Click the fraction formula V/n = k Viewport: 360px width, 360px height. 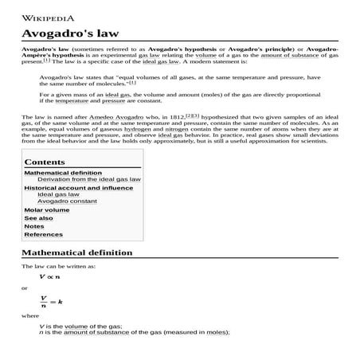click(51, 301)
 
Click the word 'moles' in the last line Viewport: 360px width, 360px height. click(209, 332)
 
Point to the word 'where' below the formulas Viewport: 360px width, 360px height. click(29, 315)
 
